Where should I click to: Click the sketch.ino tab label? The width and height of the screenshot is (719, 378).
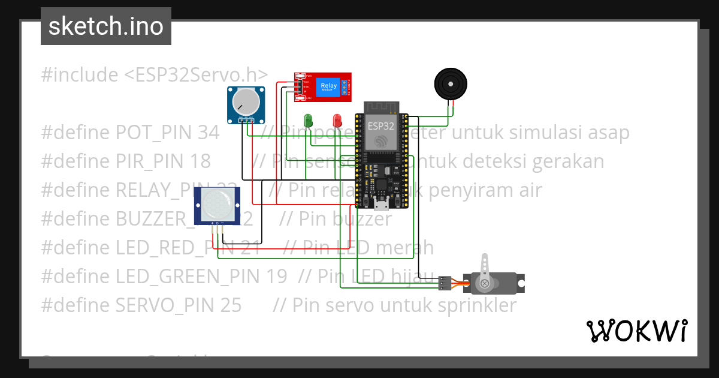[x=105, y=26]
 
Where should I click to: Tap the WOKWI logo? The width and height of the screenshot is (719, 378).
[x=636, y=331]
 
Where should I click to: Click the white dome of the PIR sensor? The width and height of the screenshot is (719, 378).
[x=216, y=204]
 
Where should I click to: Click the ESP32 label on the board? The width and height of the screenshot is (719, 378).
[x=380, y=127]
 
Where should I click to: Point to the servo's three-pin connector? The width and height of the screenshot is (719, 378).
[x=445, y=282]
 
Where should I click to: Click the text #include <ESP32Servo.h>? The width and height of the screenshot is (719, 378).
[x=155, y=75]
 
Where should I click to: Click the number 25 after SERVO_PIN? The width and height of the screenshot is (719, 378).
[x=231, y=305]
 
